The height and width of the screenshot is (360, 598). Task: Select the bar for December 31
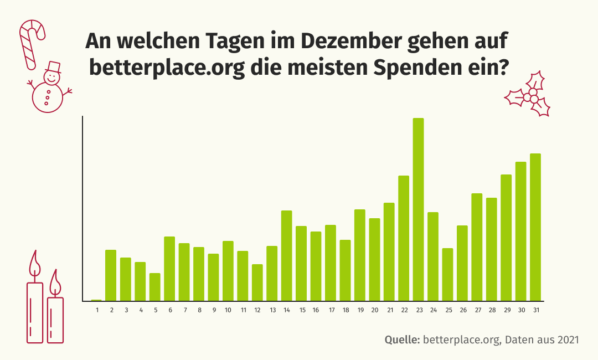535,227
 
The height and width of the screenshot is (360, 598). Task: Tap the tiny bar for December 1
96,300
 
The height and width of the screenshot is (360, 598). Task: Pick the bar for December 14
287,255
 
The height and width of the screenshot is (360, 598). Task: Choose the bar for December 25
447,274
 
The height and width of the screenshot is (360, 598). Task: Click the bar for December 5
155,287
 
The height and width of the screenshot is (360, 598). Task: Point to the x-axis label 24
433,310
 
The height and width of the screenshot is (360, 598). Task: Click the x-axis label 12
257,310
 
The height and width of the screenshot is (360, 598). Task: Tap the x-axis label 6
169,310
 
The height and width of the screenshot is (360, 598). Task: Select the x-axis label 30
521,310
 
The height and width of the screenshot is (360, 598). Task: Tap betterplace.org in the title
167,69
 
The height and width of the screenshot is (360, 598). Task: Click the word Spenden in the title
414,69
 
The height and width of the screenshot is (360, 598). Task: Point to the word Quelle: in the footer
402,339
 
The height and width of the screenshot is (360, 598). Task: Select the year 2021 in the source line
566,339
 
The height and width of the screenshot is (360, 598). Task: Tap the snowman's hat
54,68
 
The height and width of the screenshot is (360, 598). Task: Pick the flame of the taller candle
35,263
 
